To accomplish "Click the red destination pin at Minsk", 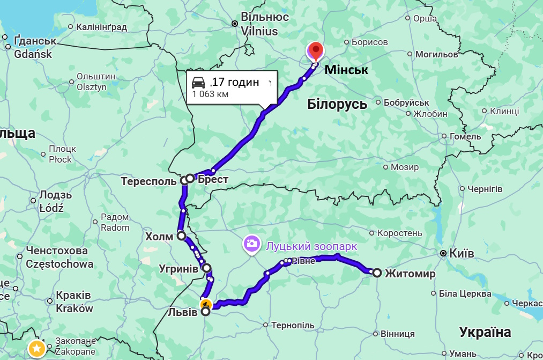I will pyautogui.click(x=316, y=52).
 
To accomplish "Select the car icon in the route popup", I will pyautogui.click(x=198, y=83).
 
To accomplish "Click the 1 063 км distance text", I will pyautogui.click(x=211, y=94).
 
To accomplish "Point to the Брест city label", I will pyautogui.click(x=213, y=180).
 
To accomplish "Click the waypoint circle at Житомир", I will pyautogui.click(x=377, y=273).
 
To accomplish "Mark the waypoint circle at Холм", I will pyautogui.click(x=181, y=236).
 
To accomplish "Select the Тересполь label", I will pyautogui.click(x=148, y=181).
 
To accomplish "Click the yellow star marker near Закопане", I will pyautogui.click(x=36, y=348).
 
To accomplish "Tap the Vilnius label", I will pyautogui.click(x=259, y=31).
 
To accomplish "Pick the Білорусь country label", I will pyautogui.click(x=337, y=104).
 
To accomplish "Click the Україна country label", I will pyautogui.click(x=485, y=332).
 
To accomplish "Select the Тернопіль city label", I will pyautogui.click(x=293, y=325).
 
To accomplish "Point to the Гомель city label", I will pyautogui.click(x=465, y=136).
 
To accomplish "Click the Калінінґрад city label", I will pyautogui.click(x=101, y=26).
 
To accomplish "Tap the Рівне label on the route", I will pyautogui.click(x=304, y=261).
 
